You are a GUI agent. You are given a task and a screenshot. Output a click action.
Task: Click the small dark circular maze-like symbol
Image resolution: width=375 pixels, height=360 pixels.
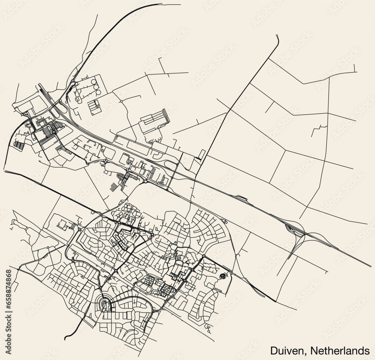224,276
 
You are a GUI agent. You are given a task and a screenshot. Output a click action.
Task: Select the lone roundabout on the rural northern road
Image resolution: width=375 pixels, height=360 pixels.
122,101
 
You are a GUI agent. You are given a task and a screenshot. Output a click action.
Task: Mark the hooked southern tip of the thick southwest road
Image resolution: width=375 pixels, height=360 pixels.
66,337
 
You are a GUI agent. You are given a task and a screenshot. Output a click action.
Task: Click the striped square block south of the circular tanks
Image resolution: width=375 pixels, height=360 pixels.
94,106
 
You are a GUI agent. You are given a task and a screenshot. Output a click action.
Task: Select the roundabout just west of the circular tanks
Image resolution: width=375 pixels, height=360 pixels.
72,81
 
